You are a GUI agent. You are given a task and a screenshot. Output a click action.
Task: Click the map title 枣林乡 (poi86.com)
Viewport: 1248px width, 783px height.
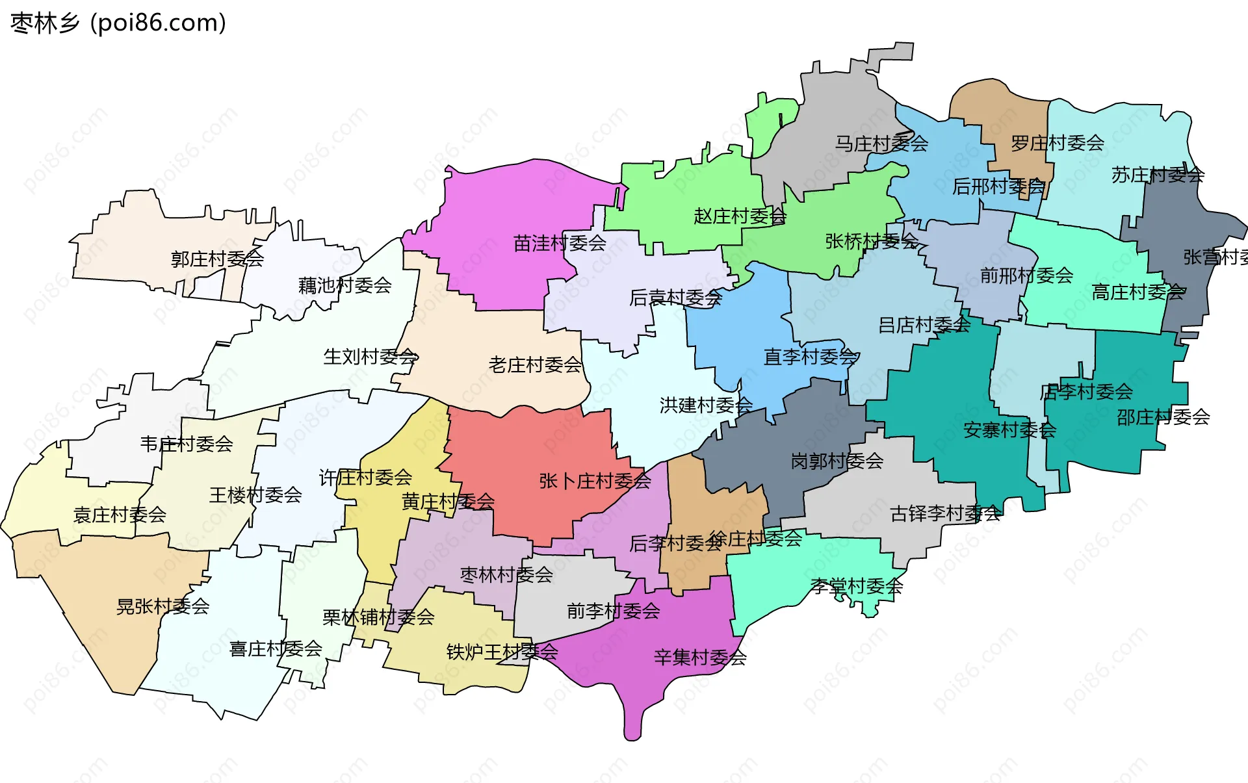coord(118,23)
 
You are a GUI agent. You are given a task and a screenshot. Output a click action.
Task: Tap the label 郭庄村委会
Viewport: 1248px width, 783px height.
coord(217,259)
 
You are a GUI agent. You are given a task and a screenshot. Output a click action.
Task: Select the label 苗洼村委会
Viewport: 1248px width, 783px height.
coord(560,243)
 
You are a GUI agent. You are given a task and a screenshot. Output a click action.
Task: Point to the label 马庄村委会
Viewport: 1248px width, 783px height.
coord(881,144)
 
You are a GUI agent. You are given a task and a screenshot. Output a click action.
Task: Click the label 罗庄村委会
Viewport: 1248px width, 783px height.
coord(1058,143)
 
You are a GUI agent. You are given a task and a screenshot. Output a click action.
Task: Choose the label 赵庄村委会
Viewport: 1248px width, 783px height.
coord(740,216)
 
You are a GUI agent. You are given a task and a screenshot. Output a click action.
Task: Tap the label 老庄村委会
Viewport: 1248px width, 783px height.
coord(535,365)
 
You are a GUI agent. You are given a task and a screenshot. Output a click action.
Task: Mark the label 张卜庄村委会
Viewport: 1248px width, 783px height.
coord(595,481)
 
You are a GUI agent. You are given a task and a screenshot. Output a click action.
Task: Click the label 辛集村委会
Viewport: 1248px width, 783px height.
coord(700,657)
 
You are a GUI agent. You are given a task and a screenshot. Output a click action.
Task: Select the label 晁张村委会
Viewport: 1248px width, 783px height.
coord(162,606)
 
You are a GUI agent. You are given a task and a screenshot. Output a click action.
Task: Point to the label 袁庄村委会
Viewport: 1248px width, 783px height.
coord(120,515)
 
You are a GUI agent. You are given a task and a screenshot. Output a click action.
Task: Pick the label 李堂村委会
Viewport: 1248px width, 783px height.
coord(857,586)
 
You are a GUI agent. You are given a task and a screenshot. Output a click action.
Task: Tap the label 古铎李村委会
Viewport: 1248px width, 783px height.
coord(945,514)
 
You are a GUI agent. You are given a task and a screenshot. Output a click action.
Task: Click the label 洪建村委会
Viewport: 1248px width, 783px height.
coord(706,405)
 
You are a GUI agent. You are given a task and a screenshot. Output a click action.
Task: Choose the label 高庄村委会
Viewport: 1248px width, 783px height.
coord(1138,292)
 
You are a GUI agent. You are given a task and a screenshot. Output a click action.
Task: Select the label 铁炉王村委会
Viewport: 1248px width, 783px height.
coord(502,652)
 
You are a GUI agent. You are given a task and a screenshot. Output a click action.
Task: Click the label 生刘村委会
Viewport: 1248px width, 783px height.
coord(370,356)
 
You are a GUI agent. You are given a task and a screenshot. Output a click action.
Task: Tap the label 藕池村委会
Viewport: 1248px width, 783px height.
coord(344,285)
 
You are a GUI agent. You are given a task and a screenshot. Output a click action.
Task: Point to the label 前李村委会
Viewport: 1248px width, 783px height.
coord(613,611)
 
